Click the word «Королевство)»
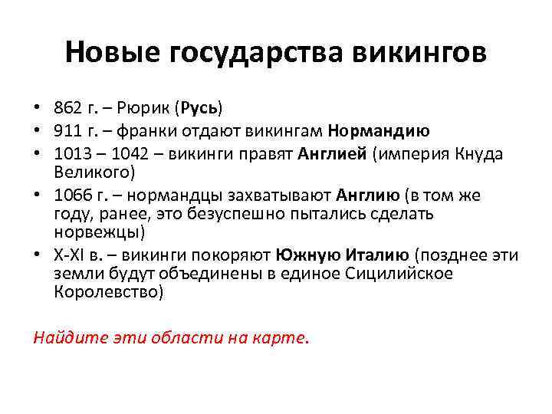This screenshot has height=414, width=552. [109, 291]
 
